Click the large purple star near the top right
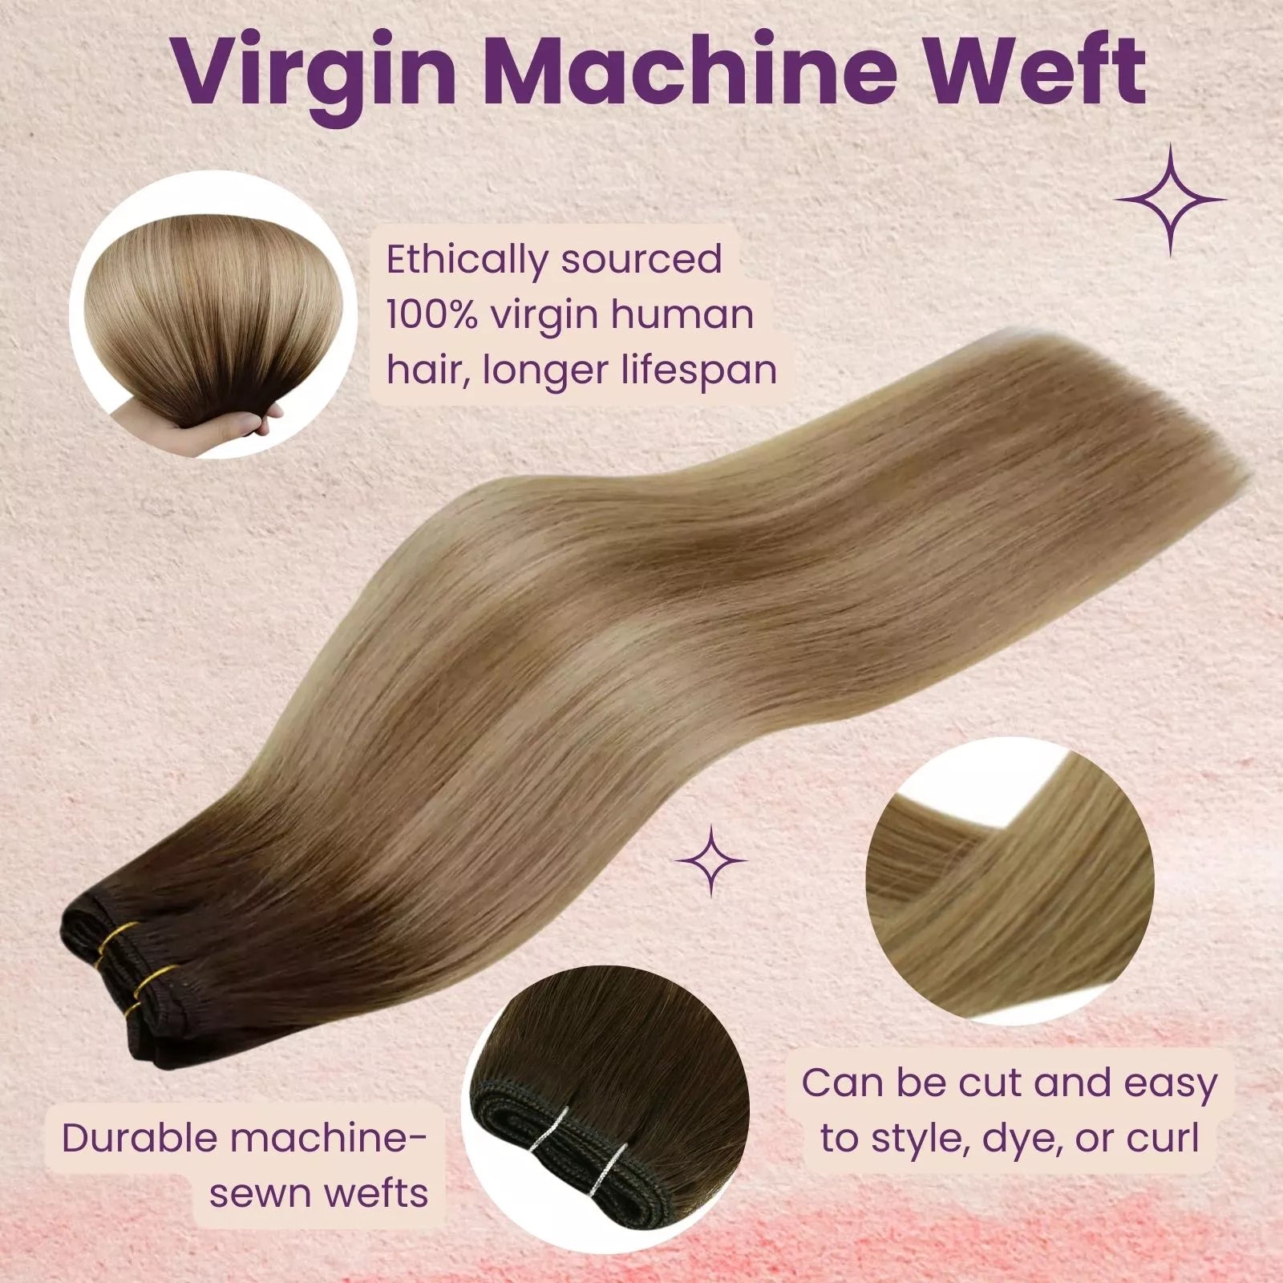pyautogui.click(x=1170, y=200)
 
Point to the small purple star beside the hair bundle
pyautogui.click(x=711, y=860)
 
